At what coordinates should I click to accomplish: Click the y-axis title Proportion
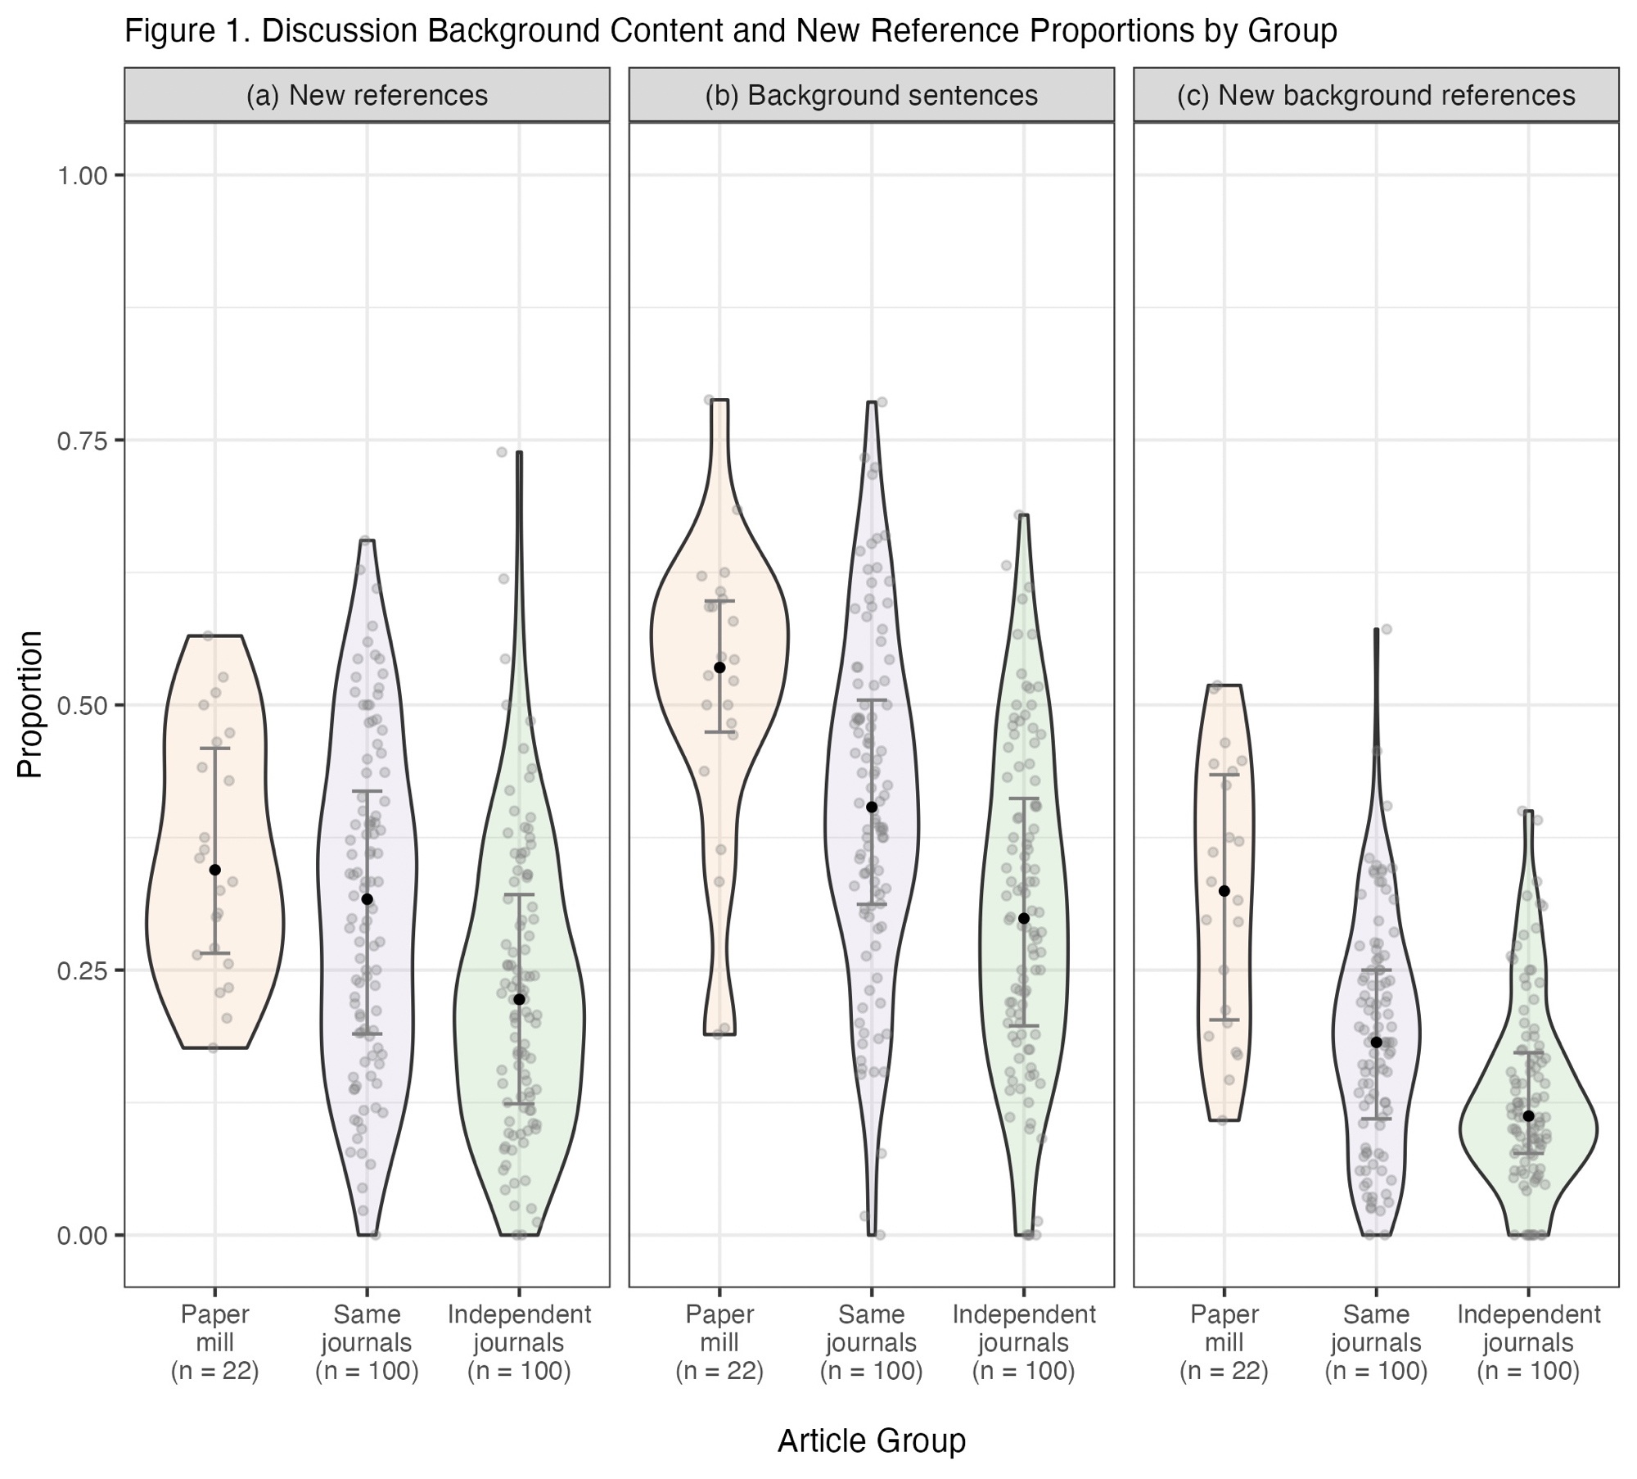[30, 704]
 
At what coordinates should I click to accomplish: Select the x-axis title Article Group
[871, 1418]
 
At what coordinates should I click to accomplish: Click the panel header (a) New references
[367, 96]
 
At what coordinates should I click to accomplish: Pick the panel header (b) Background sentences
[871, 96]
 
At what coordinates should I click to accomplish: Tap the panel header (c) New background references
[1376, 96]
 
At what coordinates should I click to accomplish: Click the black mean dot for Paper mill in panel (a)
[215, 870]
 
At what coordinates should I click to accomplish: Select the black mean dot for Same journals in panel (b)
[872, 807]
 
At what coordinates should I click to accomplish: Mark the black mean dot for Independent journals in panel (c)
[1528, 1116]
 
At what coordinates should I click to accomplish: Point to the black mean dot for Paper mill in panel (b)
[720, 667]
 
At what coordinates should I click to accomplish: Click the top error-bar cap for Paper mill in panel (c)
[1224, 775]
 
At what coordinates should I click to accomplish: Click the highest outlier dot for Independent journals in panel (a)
[502, 452]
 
